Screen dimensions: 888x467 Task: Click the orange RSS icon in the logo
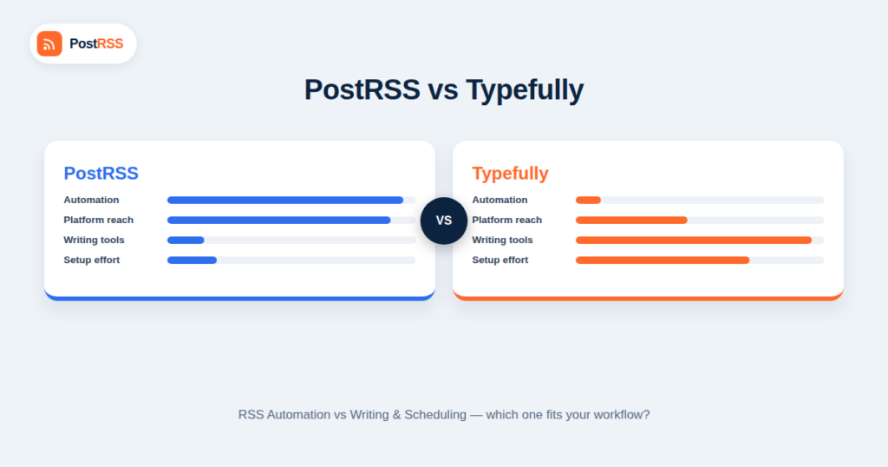pos(49,43)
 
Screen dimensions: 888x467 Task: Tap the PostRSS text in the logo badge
pos(96,43)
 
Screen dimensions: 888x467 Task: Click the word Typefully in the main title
pos(525,90)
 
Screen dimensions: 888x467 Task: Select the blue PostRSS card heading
pos(101,173)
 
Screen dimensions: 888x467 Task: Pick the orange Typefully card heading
pos(510,174)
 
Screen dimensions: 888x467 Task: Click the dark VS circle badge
pos(444,220)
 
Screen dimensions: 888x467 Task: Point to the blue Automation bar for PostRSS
pos(285,200)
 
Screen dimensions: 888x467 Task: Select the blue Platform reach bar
pos(278,220)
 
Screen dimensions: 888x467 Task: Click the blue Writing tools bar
pos(186,240)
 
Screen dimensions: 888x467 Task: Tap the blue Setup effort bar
pos(192,260)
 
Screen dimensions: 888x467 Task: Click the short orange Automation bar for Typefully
pos(589,200)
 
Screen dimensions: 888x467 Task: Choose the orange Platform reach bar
pos(631,220)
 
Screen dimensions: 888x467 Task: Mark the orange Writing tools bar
pos(694,240)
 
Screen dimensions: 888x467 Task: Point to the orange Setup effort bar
pos(663,260)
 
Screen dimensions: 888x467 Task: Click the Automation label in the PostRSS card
pos(91,200)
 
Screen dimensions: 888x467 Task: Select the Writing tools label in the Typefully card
pos(502,240)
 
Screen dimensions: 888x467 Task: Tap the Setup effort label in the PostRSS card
pos(92,260)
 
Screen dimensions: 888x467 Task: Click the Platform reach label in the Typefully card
pos(506,220)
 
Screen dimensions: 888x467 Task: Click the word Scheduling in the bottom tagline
pos(435,415)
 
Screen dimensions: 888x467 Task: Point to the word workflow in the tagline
pos(618,415)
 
